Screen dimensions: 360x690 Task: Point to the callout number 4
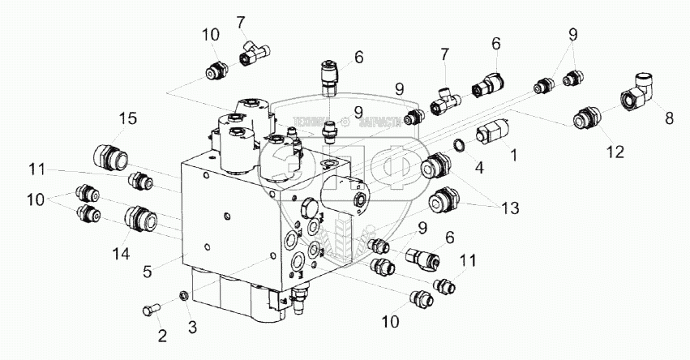(x=479, y=168)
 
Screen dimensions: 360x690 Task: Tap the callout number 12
(x=615, y=151)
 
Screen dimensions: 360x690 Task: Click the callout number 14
(x=121, y=254)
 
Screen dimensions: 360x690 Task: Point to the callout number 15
(x=128, y=119)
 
